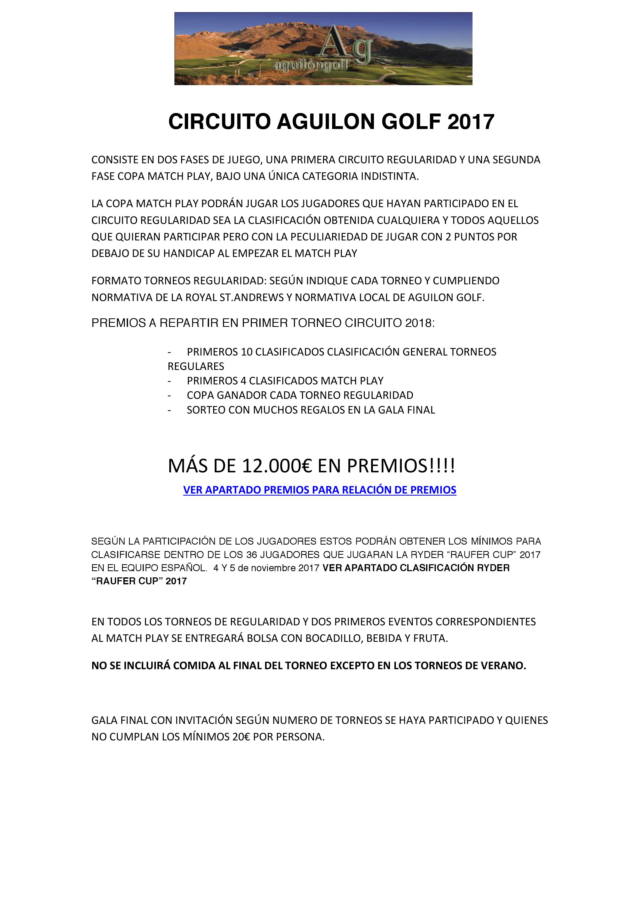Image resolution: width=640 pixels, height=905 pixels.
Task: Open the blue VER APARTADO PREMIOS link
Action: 320,490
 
